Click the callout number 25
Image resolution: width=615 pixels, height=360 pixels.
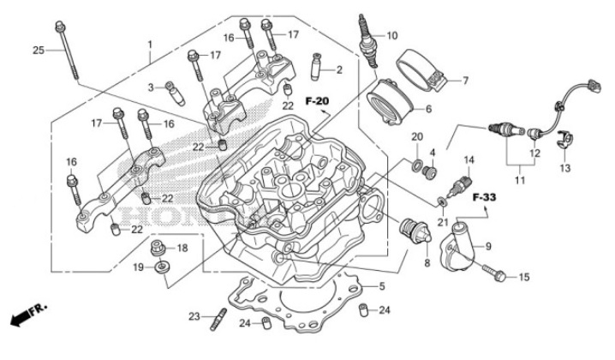(x=38, y=51)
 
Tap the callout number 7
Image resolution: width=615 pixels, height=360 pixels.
(x=465, y=81)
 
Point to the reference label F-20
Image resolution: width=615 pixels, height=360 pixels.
(x=317, y=102)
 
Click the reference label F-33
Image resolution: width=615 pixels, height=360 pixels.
(x=485, y=196)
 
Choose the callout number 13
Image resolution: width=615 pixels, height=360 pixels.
(x=564, y=167)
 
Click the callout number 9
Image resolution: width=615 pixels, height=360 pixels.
(x=488, y=246)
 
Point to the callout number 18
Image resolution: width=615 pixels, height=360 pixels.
(x=182, y=248)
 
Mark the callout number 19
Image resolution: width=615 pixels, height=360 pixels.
(x=137, y=267)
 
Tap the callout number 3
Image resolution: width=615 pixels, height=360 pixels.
(x=150, y=87)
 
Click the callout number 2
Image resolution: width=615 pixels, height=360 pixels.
(x=339, y=69)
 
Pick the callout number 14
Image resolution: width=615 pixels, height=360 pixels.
(x=469, y=160)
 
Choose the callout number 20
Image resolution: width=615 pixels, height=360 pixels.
(x=417, y=137)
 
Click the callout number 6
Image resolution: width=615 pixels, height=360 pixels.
(x=452, y=109)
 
